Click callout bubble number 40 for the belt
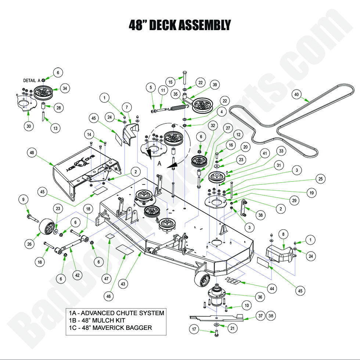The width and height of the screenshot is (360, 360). click(296, 94)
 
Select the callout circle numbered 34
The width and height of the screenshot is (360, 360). click(65, 89)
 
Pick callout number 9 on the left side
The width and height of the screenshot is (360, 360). click(23, 199)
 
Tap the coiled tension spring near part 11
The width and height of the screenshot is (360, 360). click(178, 108)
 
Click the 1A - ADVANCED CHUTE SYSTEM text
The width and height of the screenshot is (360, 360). click(116, 313)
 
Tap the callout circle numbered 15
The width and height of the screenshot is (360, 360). click(170, 82)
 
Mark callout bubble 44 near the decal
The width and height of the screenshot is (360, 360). click(271, 289)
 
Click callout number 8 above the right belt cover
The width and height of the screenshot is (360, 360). click(282, 234)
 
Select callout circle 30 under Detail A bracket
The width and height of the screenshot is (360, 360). click(29, 126)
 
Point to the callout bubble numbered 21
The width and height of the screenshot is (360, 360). click(232, 329)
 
